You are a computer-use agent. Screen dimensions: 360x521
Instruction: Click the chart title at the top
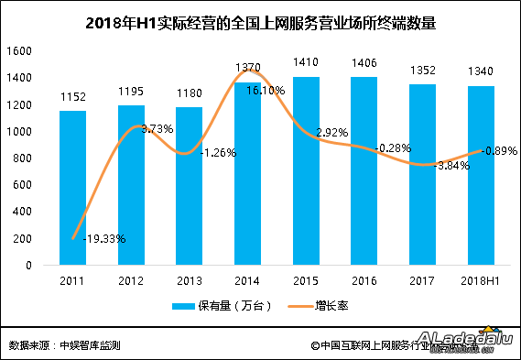tap(259, 23)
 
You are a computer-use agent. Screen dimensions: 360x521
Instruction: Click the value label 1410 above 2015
tap(305, 64)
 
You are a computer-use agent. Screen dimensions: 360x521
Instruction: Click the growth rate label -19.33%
tap(103, 239)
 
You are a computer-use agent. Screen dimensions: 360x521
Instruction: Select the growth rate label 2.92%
tap(331, 133)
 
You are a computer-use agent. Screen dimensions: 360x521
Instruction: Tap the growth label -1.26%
tap(218, 152)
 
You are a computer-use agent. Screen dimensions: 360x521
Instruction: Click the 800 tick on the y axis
tap(24, 158)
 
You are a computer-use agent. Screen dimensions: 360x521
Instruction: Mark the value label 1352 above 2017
tap(422, 71)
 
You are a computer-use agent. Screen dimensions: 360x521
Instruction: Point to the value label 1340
tap(481, 73)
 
